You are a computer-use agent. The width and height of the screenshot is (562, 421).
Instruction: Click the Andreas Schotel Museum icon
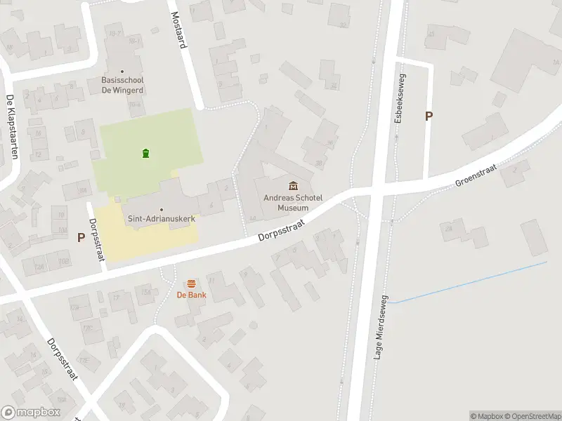click(293, 185)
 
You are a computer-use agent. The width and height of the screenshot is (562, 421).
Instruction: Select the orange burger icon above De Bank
click(191, 283)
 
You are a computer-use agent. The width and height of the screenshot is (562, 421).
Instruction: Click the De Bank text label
click(190, 295)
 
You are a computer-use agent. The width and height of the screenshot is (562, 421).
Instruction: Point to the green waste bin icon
click(145, 154)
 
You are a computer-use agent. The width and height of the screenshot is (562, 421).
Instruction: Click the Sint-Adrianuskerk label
click(161, 219)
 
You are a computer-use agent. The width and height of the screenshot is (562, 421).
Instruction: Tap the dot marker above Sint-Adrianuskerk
click(161, 209)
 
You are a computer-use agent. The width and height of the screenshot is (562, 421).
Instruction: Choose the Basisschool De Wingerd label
click(123, 85)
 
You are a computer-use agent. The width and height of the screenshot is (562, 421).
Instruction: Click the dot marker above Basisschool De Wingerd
click(123, 71)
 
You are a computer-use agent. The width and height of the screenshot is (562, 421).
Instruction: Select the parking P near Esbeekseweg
click(429, 116)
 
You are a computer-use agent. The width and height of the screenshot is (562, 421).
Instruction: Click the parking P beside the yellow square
click(81, 237)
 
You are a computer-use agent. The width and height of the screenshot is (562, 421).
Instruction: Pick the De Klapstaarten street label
click(11, 126)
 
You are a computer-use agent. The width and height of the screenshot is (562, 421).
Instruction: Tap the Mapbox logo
click(31, 413)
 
